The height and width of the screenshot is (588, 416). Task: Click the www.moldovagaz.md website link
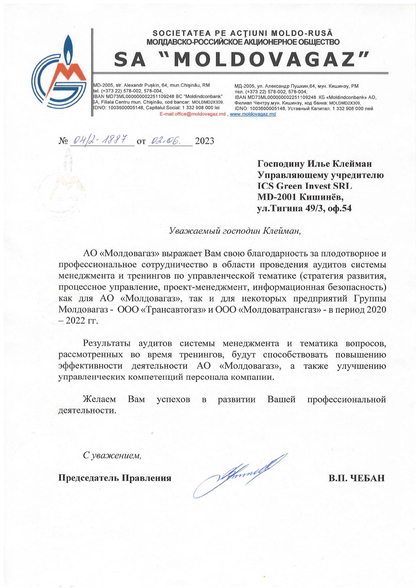coord(253,114)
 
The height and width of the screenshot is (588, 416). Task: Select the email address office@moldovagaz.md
coord(193,114)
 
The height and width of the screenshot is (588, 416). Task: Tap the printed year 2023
coord(205,141)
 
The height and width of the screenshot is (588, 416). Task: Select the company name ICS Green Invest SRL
coord(304,186)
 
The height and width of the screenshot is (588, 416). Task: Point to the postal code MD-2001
coord(277,197)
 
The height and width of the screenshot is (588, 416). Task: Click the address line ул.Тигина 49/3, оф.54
coord(304,208)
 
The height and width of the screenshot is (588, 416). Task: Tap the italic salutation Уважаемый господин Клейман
coord(235,231)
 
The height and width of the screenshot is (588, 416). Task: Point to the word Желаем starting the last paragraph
coord(99,399)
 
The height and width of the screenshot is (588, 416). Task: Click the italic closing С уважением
coord(112,455)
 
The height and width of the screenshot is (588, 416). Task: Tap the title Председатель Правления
coord(115,478)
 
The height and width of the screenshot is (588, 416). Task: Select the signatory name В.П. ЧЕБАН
coord(356,478)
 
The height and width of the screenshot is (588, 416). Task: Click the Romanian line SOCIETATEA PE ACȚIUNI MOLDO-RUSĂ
coord(243,33)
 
